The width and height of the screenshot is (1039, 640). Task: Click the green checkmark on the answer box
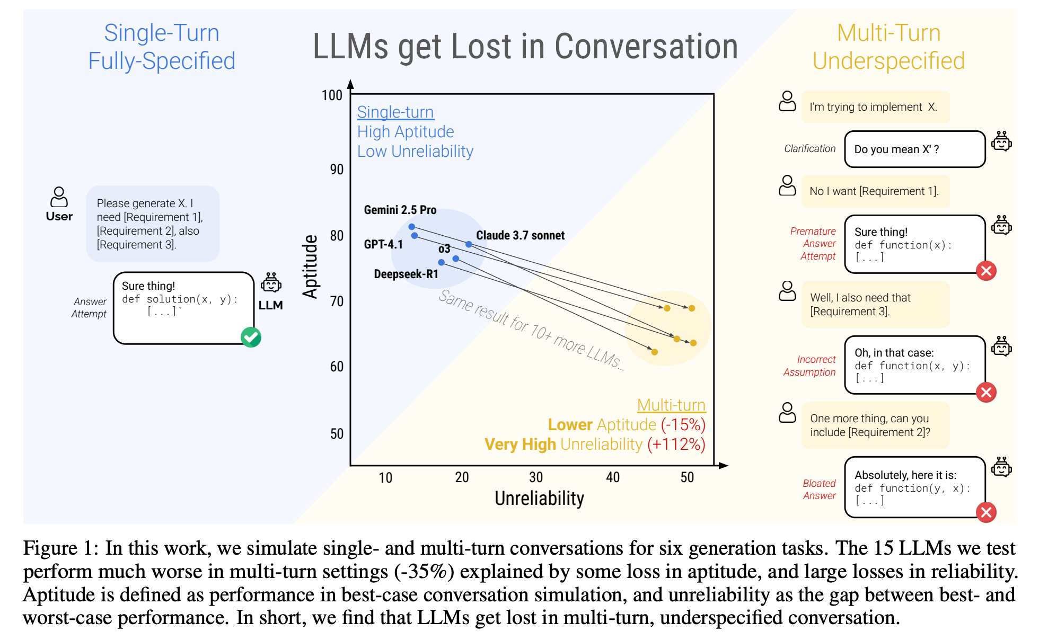[251, 337]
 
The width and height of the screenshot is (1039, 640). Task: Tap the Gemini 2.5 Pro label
[400, 210]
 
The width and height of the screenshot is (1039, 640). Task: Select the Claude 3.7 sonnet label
[520, 235]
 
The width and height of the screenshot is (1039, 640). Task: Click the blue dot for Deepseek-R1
[441, 262]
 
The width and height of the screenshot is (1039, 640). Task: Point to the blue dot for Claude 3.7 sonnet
[469, 244]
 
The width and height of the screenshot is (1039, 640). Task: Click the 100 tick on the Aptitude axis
[332, 95]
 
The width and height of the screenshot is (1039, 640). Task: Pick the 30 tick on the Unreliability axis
[536, 477]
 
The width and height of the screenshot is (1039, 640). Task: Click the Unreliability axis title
[539, 498]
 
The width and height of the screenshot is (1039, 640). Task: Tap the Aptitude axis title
[310, 266]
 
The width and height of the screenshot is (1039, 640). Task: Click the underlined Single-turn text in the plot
[395, 112]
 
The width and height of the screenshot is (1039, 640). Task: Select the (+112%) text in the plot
[676, 444]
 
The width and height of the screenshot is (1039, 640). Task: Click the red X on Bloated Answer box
[986, 512]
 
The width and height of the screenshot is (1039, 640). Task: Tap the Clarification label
[809, 149]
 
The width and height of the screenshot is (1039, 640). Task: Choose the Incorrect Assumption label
[810, 366]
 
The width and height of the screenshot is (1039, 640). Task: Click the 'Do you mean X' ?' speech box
[914, 149]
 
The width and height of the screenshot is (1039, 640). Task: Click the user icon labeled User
[59, 197]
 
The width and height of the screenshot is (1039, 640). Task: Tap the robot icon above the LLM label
[271, 283]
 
